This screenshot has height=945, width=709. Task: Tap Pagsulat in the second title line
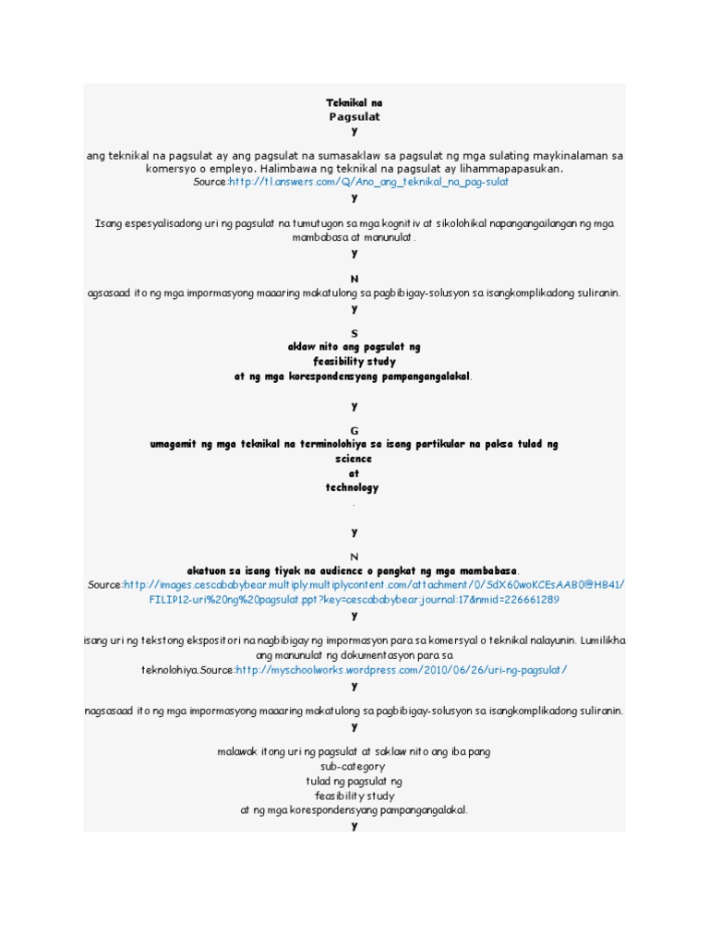click(354, 117)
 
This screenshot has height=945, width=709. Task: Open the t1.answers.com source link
click(367, 183)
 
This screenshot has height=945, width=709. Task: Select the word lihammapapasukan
click(512, 170)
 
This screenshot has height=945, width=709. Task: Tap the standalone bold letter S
click(354, 332)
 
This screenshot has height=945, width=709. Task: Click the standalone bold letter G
click(354, 430)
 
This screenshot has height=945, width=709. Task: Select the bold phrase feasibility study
click(354, 362)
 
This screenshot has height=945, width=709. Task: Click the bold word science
click(354, 459)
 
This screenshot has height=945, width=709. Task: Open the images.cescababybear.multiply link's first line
click(374, 585)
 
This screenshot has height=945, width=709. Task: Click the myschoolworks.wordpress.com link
click(402, 670)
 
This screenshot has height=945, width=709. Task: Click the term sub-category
click(354, 766)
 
